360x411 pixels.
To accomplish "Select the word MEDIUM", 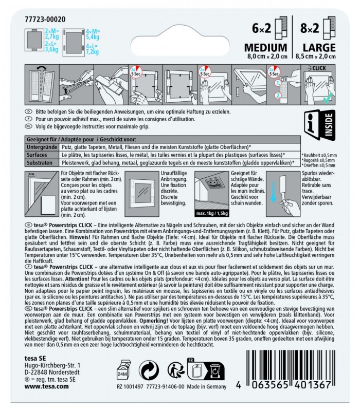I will click(265, 48).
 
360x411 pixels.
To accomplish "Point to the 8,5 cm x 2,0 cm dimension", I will click(314, 57).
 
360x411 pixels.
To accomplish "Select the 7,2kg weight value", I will click(94, 52).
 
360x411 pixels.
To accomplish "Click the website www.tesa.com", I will click(44, 395).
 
